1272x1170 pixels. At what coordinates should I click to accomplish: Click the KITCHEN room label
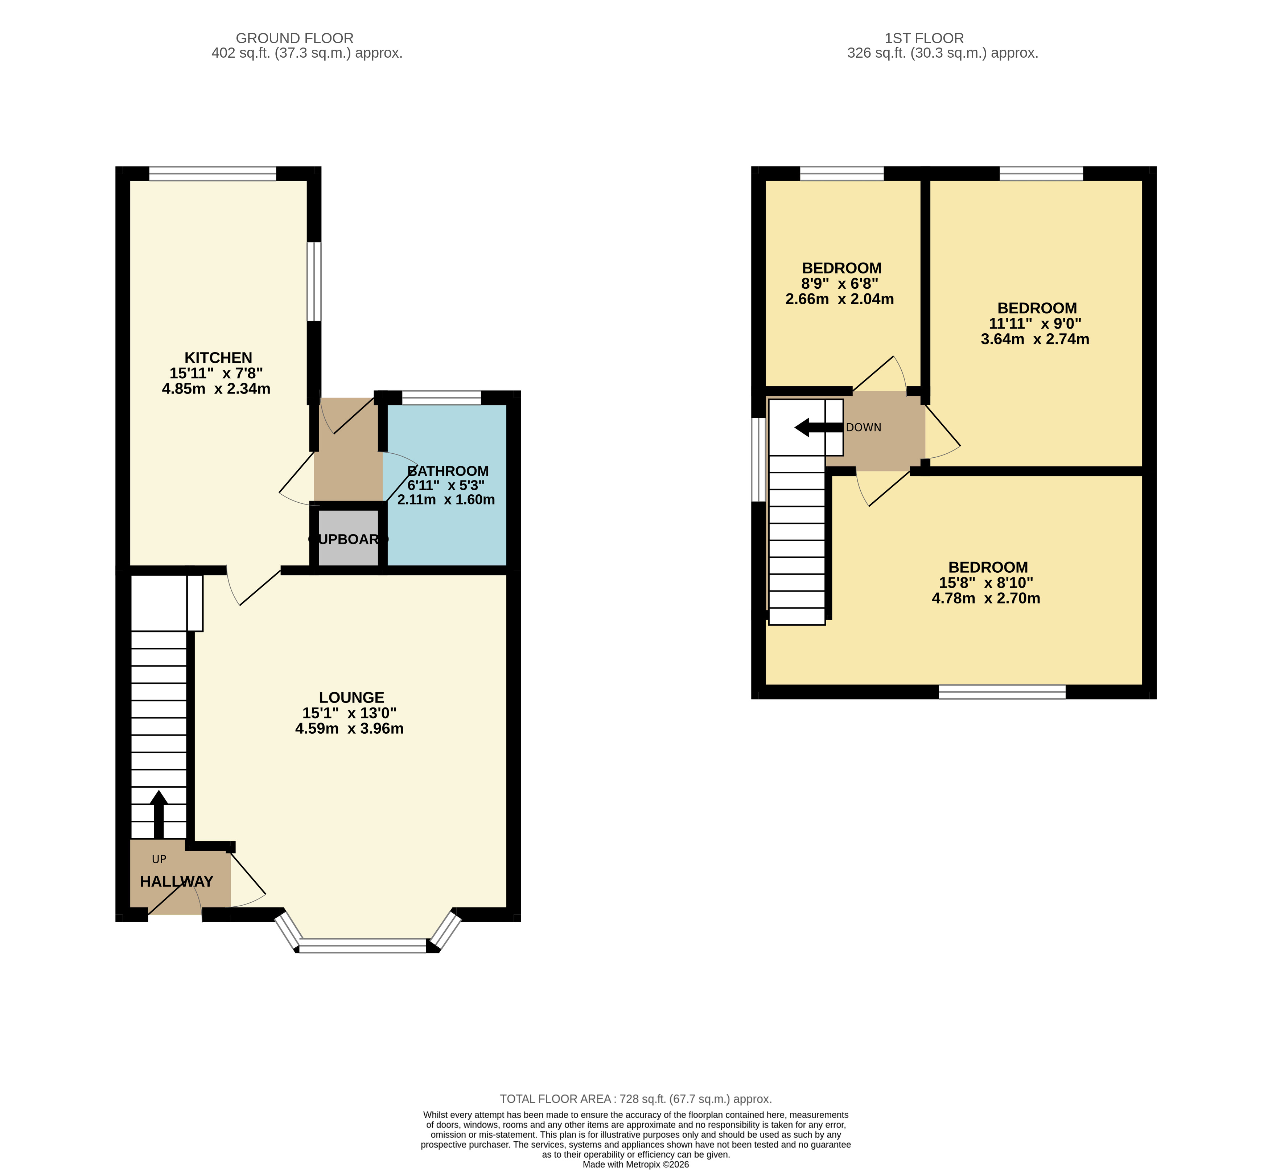218,358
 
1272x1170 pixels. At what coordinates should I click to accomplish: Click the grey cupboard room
348,538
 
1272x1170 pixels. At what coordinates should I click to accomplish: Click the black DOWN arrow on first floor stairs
817,427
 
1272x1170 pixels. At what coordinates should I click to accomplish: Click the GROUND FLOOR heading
295,38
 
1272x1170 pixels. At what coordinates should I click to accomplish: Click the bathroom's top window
441,397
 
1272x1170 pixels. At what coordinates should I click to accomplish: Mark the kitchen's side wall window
314,282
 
